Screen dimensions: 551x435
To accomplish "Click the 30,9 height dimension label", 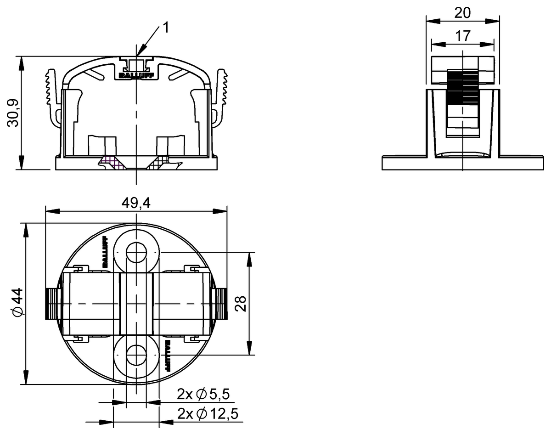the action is point(13,113).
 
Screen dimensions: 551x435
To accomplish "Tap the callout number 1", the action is point(166,28).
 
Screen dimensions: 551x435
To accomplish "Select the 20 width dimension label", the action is point(462,12).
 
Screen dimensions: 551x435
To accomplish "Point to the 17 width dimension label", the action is point(463,36).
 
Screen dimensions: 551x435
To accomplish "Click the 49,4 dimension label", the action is point(136,203).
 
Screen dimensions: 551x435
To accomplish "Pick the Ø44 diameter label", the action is point(18,302).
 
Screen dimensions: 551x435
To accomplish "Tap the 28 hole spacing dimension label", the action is point(241,304).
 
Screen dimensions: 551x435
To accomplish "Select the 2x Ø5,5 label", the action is point(203,394).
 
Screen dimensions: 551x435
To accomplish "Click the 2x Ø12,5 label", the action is point(208,413).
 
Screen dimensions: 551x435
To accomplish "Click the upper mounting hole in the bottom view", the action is point(136,252).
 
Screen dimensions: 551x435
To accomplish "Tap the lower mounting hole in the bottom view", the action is point(136,355).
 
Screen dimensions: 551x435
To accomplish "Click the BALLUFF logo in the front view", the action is point(136,76).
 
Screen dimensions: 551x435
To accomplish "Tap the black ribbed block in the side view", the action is point(462,87).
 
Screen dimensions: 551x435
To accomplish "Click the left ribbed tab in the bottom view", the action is point(53,304).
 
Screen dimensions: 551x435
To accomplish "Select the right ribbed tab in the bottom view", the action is point(219,304).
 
